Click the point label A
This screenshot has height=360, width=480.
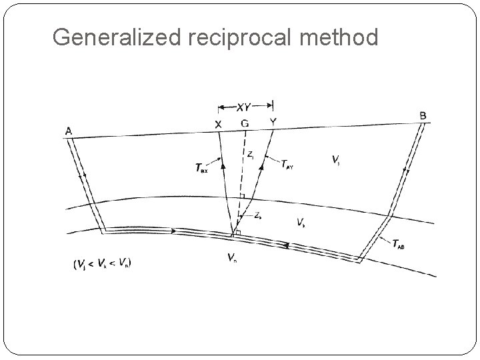(x=69, y=131)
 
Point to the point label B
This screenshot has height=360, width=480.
(x=423, y=115)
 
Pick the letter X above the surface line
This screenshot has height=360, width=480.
(x=218, y=124)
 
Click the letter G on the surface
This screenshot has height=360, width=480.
(x=245, y=123)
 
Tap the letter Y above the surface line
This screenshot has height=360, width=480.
(x=272, y=122)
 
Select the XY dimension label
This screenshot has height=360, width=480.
(x=245, y=106)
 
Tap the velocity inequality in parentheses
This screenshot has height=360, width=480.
(x=102, y=263)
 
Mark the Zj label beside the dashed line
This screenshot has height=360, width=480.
(x=249, y=154)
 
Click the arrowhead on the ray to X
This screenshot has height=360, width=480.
(x=223, y=163)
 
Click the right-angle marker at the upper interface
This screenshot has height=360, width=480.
(x=243, y=195)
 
